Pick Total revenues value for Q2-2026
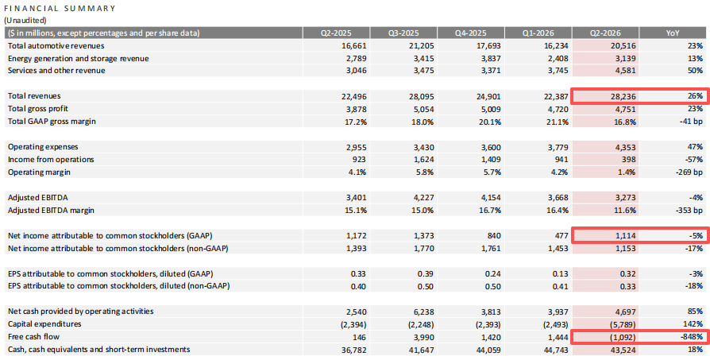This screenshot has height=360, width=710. [623, 96]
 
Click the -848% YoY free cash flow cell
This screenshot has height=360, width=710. [693, 337]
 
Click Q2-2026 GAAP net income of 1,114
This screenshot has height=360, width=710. [625, 235]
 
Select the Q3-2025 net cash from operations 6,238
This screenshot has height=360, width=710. [423, 312]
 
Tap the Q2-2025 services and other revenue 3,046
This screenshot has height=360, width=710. [356, 71]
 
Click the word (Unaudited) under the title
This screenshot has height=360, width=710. [25, 20]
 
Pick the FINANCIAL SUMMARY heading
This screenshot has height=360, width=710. [60, 8]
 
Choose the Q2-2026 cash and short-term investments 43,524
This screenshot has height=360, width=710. [623, 350]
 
